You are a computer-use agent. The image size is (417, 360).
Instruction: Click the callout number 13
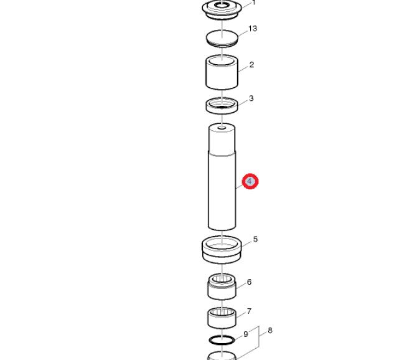tap(253, 29)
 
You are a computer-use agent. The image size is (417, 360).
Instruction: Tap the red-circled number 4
tap(250, 181)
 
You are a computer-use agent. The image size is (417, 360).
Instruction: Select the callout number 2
tap(251, 65)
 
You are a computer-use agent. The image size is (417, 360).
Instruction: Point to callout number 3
tap(251, 98)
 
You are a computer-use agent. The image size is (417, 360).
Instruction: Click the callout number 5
tap(255, 239)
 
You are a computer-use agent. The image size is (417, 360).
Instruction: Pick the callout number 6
tap(249, 282)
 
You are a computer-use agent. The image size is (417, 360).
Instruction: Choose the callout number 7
tap(249, 311)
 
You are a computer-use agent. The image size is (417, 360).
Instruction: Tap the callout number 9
tap(246, 334)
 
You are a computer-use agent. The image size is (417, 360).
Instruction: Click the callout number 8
tap(270, 331)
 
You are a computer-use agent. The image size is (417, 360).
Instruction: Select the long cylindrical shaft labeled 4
tap(222, 177)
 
